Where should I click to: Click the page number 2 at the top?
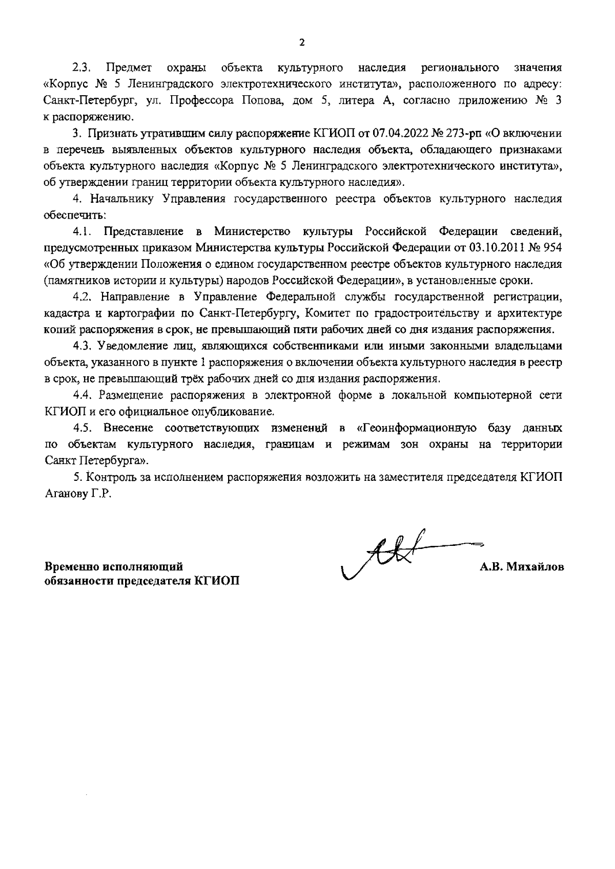point(301,42)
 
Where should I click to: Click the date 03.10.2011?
point(493,248)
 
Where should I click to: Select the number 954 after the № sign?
point(552,248)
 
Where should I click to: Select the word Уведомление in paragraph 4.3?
point(130,346)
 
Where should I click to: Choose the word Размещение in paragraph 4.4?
point(131,395)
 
